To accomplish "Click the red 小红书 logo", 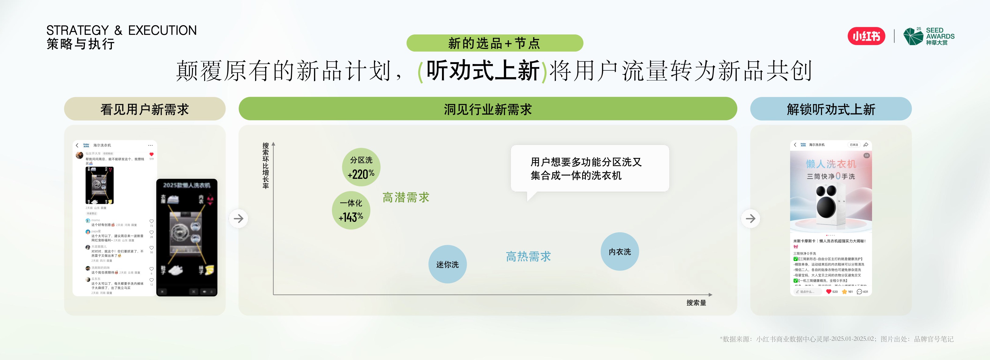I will tap(866, 36).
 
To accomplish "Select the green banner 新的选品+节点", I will tap(495, 43).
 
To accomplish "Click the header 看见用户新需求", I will tap(144, 109).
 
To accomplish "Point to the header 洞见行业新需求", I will tap(488, 109).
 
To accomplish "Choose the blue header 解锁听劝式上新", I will tap(831, 109).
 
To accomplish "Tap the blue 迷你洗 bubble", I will tap(447, 264).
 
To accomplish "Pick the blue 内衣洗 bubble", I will tap(620, 252).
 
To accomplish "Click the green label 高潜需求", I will tap(406, 198).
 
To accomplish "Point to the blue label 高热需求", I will tap(529, 256).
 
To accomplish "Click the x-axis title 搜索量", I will tap(696, 303).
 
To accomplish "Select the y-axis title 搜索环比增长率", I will tap(265, 166).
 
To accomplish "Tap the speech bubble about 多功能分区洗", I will tap(589, 169).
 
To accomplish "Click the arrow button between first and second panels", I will tap(239, 219).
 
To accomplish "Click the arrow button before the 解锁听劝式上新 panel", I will tap(750, 219).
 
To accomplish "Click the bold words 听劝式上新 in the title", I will tap(483, 71).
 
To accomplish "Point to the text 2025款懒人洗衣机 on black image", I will tap(187, 185).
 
